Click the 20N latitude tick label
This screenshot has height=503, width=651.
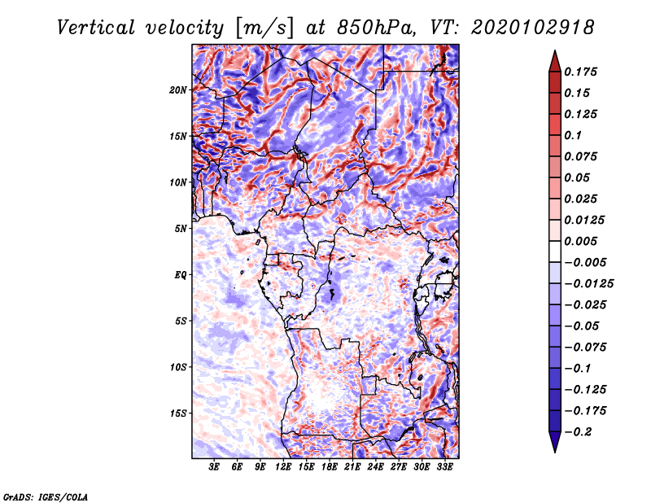(178, 90)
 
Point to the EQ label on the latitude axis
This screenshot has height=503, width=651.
(181, 274)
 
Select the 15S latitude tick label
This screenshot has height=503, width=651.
(178, 413)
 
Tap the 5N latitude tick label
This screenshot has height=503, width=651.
(181, 228)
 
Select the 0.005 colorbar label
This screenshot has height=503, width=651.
(583, 241)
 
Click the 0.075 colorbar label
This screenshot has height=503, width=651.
(583, 156)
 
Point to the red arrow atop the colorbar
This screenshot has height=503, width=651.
(554, 59)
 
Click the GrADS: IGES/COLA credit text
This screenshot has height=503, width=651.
(46, 496)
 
